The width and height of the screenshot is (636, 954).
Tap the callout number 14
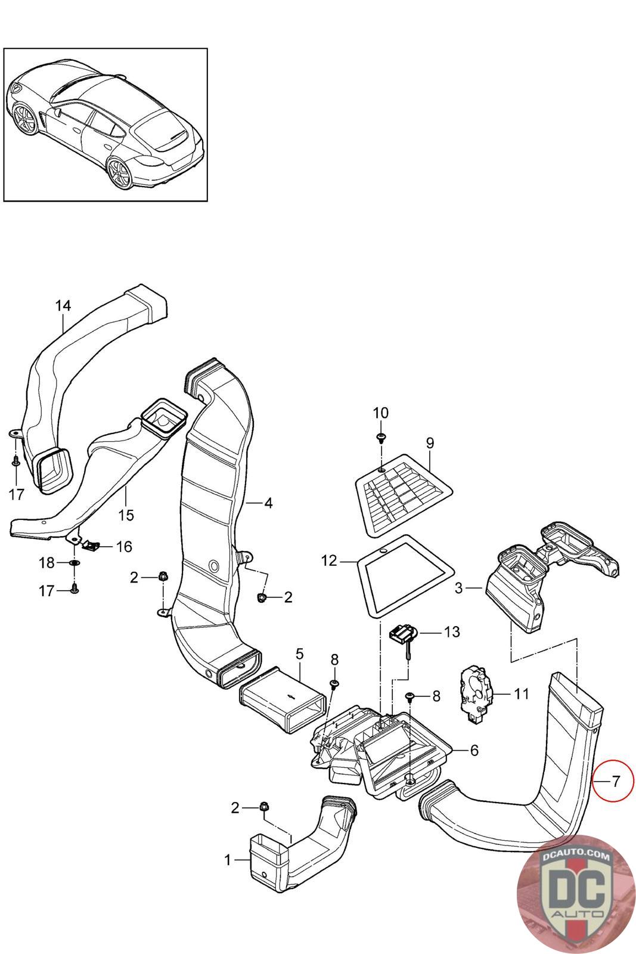pos(63,306)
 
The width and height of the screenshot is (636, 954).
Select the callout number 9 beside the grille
pos(430,443)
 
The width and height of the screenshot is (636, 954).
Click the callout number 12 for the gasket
pos(329,561)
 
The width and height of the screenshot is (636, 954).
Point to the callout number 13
pos(452,631)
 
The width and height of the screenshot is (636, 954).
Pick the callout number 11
pos(522,693)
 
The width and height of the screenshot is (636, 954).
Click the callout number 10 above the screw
pos(380,413)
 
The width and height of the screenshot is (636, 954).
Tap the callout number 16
pos(123,546)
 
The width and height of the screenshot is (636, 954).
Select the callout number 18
pos(46,563)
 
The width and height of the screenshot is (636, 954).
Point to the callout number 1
pos(227,860)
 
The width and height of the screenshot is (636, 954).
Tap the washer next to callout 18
pos(73,563)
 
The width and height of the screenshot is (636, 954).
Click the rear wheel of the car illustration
pos(121,172)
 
